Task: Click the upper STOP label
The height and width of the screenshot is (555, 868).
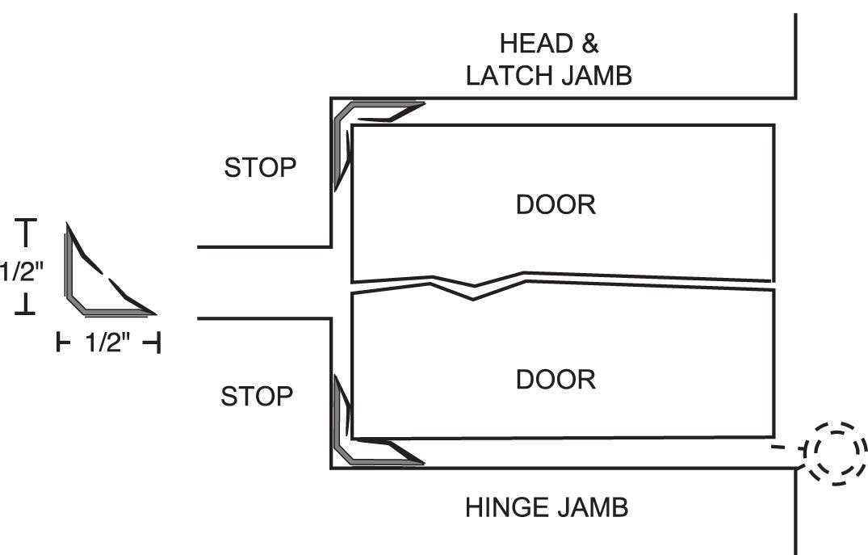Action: pyautogui.click(x=260, y=168)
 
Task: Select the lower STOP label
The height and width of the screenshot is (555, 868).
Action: pyautogui.click(x=257, y=397)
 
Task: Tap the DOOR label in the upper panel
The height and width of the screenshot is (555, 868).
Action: pyautogui.click(x=556, y=204)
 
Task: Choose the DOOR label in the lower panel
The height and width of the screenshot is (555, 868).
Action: pyautogui.click(x=556, y=379)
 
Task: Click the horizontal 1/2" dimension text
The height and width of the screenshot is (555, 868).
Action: pyautogui.click(x=107, y=343)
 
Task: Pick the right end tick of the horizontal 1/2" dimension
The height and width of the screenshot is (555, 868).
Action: pyautogui.click(x=153, y=343)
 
